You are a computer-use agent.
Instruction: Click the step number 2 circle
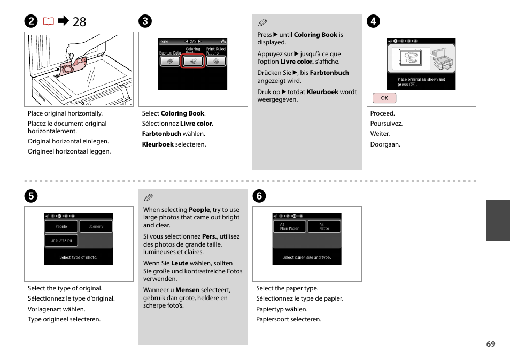pos(31,21)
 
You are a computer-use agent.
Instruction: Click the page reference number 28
pos(79,21)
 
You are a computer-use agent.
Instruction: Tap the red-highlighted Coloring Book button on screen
pos(193,62)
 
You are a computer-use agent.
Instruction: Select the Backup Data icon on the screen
pos(170,62)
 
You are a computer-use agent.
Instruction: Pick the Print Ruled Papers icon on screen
pos(216,62)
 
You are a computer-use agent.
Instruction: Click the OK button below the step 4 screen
pos(384,98)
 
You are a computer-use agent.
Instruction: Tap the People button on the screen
pos(61,226)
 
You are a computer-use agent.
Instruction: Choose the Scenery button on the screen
pos(96,226)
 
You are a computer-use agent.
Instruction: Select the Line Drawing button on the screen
pos(61,240)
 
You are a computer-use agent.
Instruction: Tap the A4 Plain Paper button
pos(289,226)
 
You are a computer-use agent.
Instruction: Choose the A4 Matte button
pos(324,226)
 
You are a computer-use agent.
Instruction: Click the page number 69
pos(490,344)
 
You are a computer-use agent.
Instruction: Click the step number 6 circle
pos(259,196)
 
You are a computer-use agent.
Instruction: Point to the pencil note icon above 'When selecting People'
pos(149,197)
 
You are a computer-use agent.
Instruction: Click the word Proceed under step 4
pos(382,113)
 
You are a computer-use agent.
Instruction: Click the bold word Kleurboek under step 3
pos(158,144)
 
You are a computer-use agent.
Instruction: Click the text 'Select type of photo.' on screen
pos(79,257)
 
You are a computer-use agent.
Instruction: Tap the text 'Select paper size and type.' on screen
pos(307,257)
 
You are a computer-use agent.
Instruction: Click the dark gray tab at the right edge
pos(498,220)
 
